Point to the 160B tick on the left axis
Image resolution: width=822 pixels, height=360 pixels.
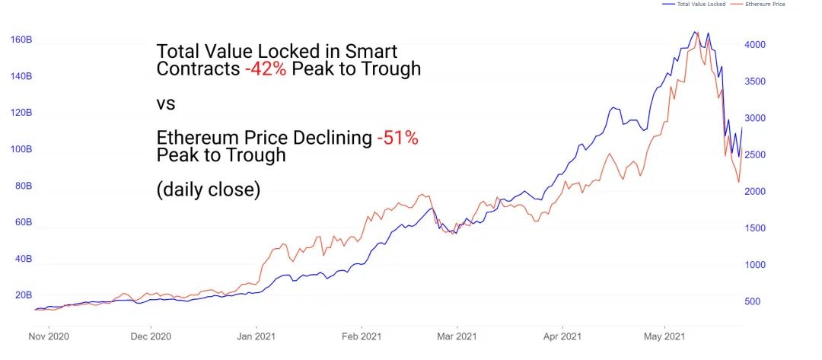coord(21,40)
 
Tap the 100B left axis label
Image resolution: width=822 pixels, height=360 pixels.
coord(21,149)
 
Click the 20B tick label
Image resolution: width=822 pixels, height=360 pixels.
coord(23,295)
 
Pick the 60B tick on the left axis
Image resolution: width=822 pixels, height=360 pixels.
coord(23,222)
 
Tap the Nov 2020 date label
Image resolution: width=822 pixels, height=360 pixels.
coord(49,336)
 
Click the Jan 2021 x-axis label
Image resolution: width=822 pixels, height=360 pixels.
coord(255,336)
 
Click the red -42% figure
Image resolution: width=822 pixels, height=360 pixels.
coord(266,68)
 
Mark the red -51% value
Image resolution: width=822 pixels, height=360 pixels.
coord(397,139)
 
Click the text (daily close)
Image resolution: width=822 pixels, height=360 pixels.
coord(208,190)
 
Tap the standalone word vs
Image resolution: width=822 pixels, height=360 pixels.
coord(165,103)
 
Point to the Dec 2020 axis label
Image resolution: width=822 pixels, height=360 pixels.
coord(151,336)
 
